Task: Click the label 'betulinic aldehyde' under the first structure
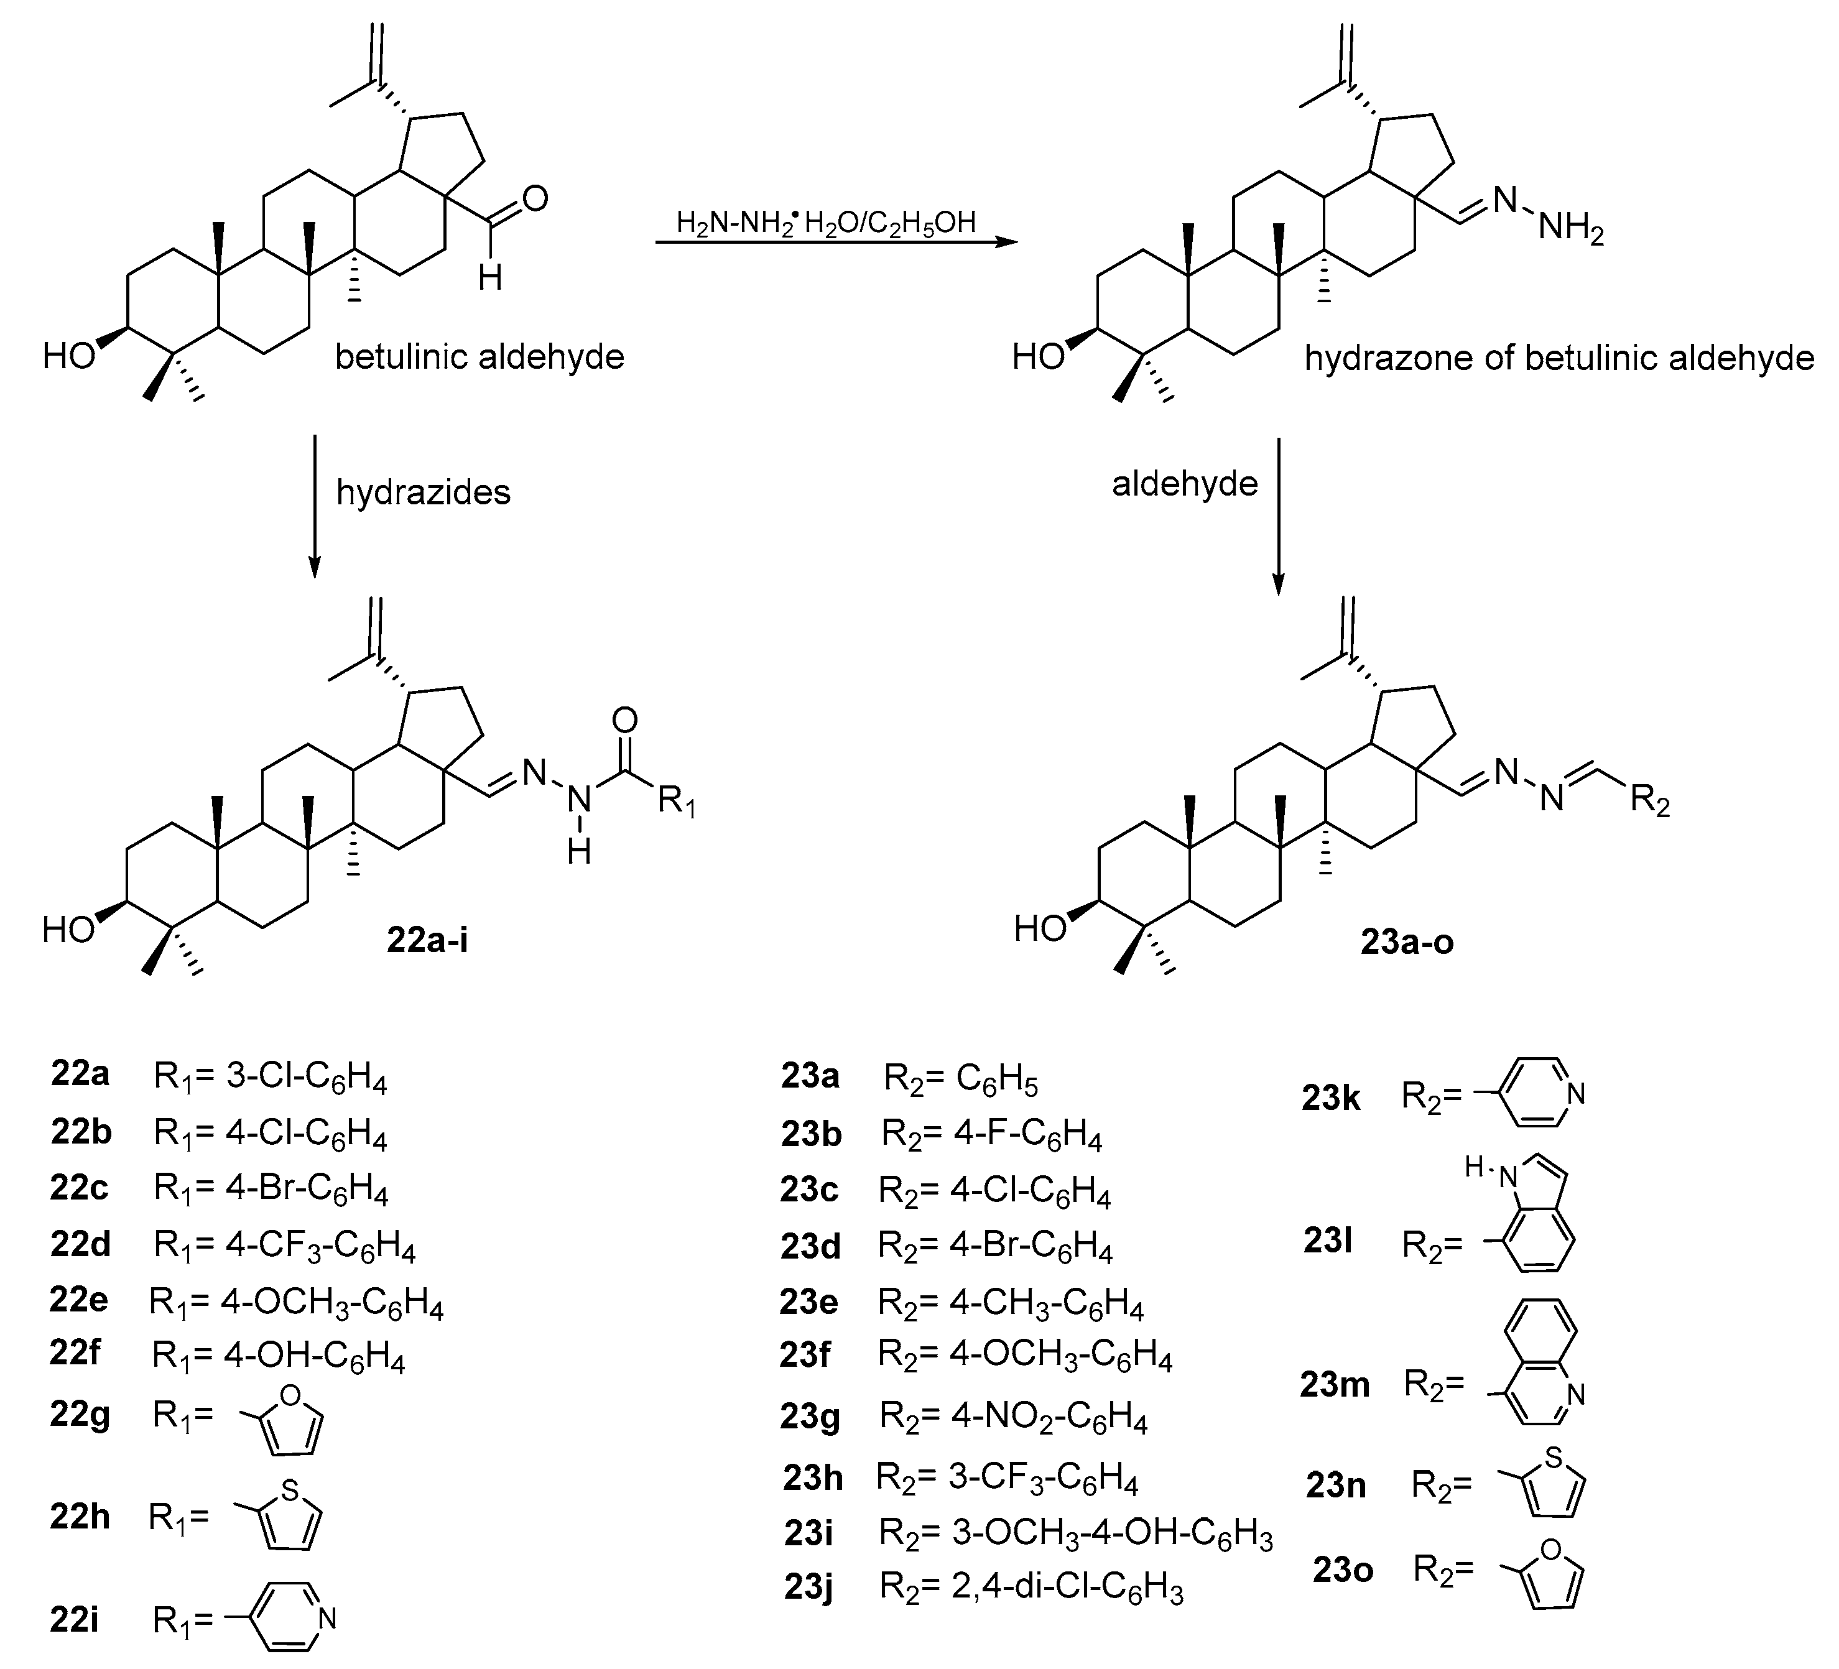click(479, 356)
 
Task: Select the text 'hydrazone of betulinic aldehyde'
click(1558, 358)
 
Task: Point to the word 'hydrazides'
click(424, 492)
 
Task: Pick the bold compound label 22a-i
click(427, 940)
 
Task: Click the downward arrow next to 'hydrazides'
click(315, 506)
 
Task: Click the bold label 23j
click(808, 1588)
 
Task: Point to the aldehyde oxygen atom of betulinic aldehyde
click(535, 199)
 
